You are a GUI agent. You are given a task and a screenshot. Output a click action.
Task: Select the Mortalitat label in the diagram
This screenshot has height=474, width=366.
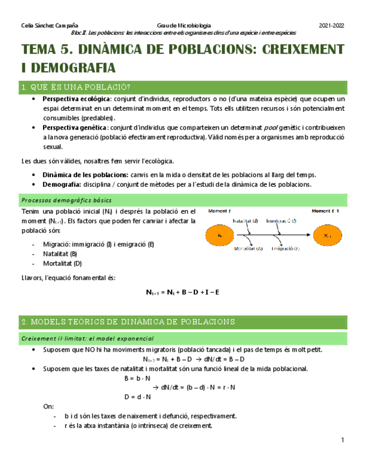[x=249, y=249]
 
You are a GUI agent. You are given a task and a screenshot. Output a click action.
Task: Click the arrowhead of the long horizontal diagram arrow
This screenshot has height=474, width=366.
[x=309, y=235]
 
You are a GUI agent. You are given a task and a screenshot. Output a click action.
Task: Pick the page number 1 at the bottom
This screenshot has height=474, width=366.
[x=342, y=442]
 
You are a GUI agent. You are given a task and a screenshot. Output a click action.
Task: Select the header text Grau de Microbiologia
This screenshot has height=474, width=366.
[x=184, y=26]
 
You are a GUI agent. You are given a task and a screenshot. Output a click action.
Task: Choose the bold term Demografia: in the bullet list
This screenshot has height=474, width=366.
[x=61, y=184]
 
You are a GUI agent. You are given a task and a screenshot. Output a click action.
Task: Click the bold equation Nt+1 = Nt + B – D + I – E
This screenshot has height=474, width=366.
[x=183, y=292]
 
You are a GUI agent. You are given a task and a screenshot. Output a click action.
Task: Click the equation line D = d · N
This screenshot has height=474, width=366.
[x=137, y=396]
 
